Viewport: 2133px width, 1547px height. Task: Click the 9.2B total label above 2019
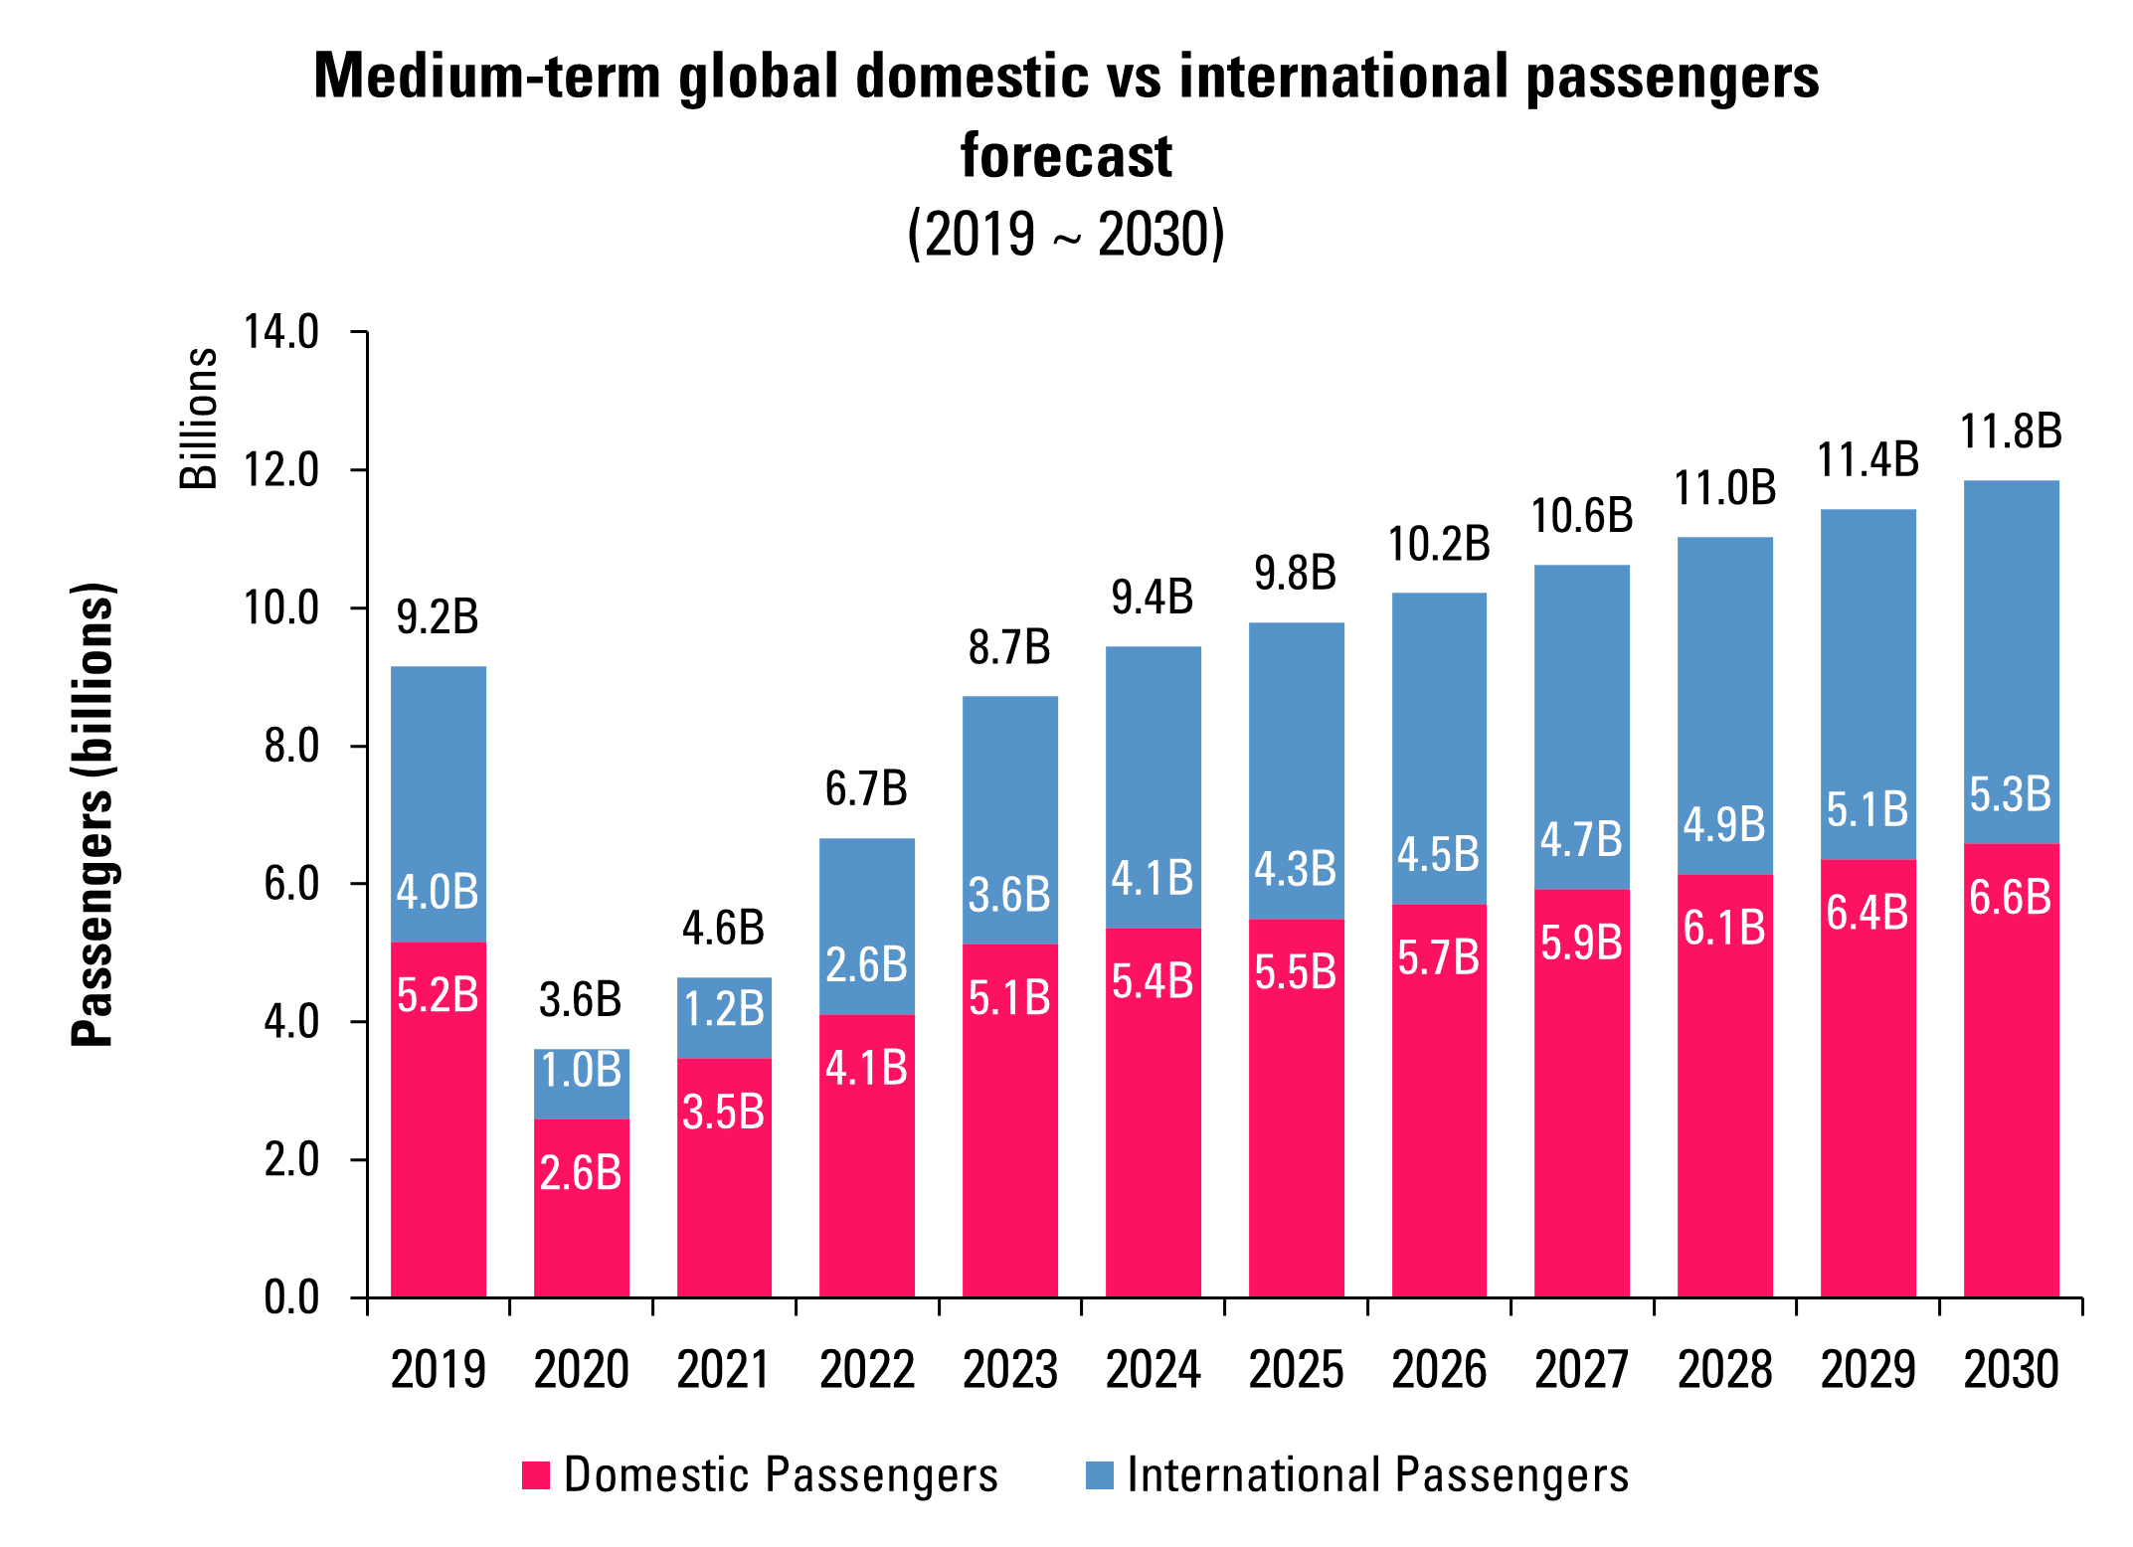tap(438, 617)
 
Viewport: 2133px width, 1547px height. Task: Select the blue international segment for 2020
tap(582, 1084)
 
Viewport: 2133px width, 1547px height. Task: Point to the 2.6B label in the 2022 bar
tap(866, 964)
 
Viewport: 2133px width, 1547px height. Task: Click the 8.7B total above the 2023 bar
tap(1009, 647)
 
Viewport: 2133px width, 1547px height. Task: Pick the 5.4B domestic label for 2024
tap(1153, 981)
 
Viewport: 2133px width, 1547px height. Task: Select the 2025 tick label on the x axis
tap(1296, 1370)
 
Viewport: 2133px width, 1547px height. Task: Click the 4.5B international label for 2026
tap(1438, 854)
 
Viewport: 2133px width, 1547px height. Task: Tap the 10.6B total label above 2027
tap(1581, 516)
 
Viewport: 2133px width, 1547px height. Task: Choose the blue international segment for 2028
tap(1724, 696)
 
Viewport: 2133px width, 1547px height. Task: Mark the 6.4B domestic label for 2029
tap(1867, 913)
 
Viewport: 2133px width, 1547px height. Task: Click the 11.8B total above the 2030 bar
tap(2011, 431)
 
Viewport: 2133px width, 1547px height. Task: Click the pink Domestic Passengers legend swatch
tap(536, 1475)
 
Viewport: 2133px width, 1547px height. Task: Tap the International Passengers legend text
tap(1377, 1474)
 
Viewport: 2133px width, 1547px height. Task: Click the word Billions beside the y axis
tap(199, 419)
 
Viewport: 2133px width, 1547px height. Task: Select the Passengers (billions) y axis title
tap(93, 814)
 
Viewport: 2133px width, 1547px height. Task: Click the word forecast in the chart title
tap(1066, 156)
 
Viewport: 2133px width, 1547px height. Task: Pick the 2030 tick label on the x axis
tap(2011, 1370)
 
